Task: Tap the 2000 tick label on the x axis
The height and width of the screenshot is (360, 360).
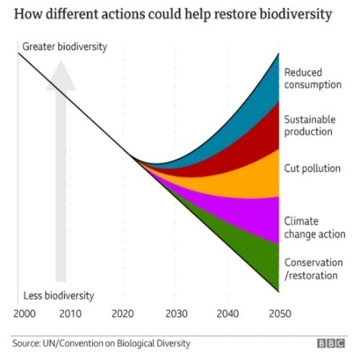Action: point(25,313)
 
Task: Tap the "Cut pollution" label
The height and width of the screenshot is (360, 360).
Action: point(313,169)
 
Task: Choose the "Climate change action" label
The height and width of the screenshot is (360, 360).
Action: point(314,227)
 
